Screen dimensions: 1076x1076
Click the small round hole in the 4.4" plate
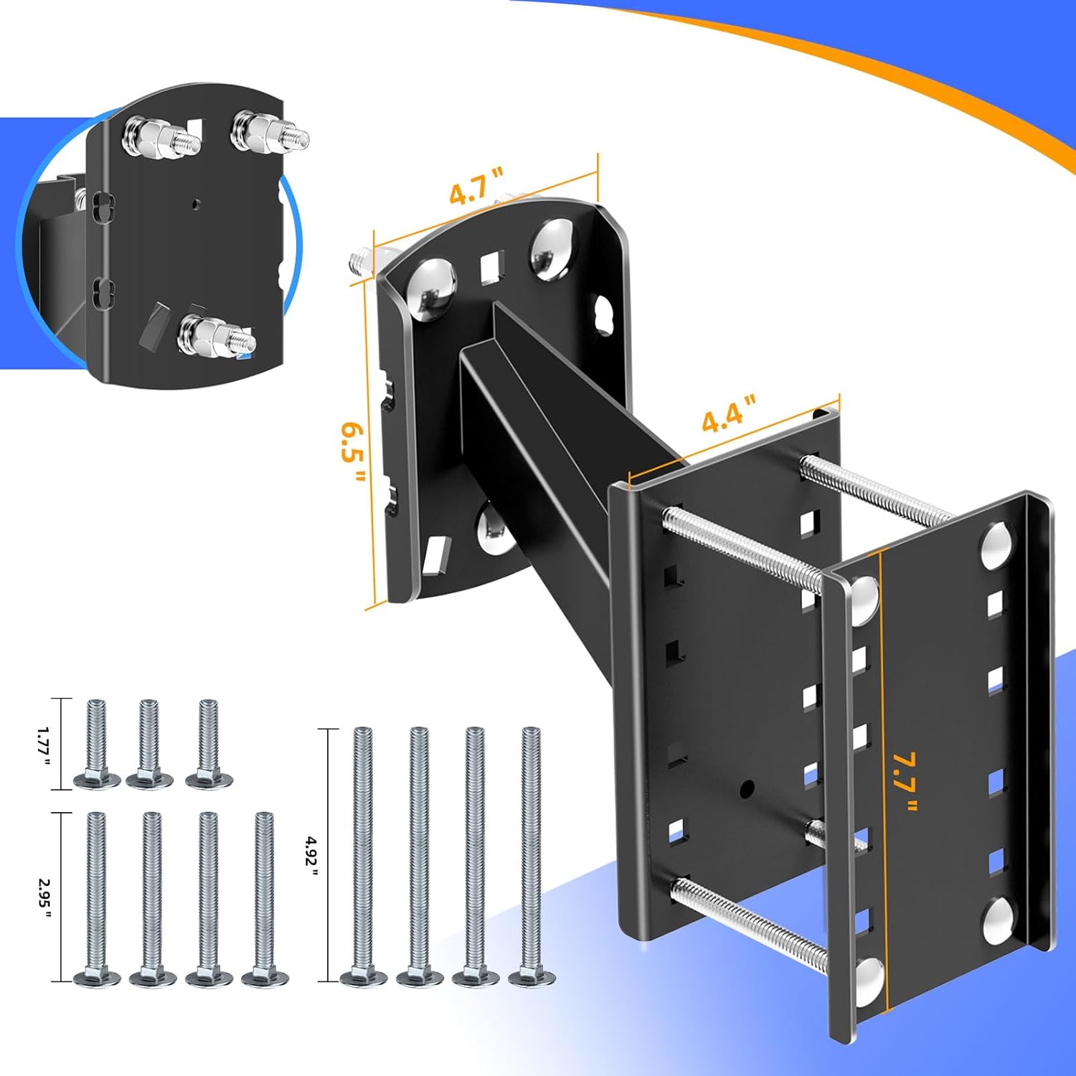coord(747,789)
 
